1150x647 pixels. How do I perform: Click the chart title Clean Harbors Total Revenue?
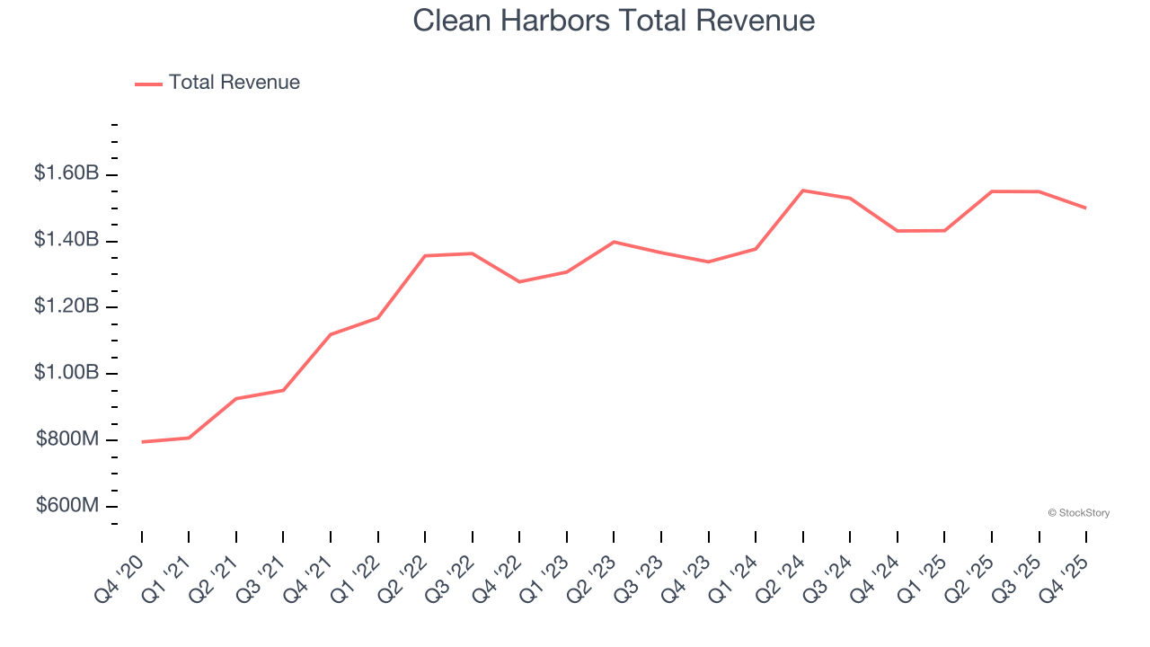click(x=614, y=21)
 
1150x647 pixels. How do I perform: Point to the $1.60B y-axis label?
click(x=66, y=173)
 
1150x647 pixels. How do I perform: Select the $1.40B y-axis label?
click(x=66, y=240)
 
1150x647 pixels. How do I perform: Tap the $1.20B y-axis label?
click(x=66, y=306)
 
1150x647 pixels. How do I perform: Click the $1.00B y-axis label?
click(x=66, y=373)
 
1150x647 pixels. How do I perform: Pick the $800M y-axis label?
click(x=67, y=439)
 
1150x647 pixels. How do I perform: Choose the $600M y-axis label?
click(x=67, y=506)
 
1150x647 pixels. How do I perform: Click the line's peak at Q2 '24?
click(x=802, y=191)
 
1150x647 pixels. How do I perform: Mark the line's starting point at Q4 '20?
click(x=142, y=442)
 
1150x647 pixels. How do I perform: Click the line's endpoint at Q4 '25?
click(x=1086, y=208)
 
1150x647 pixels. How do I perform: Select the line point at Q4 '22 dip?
click(x=519, y=282)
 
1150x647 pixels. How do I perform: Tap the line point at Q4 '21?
click(x=331, y=334)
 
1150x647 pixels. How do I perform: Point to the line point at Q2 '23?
click(x=614, y=242)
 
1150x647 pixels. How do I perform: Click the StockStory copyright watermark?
click(x=1078, y=513)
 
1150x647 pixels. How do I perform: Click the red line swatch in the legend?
click(x=148, y=84)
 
